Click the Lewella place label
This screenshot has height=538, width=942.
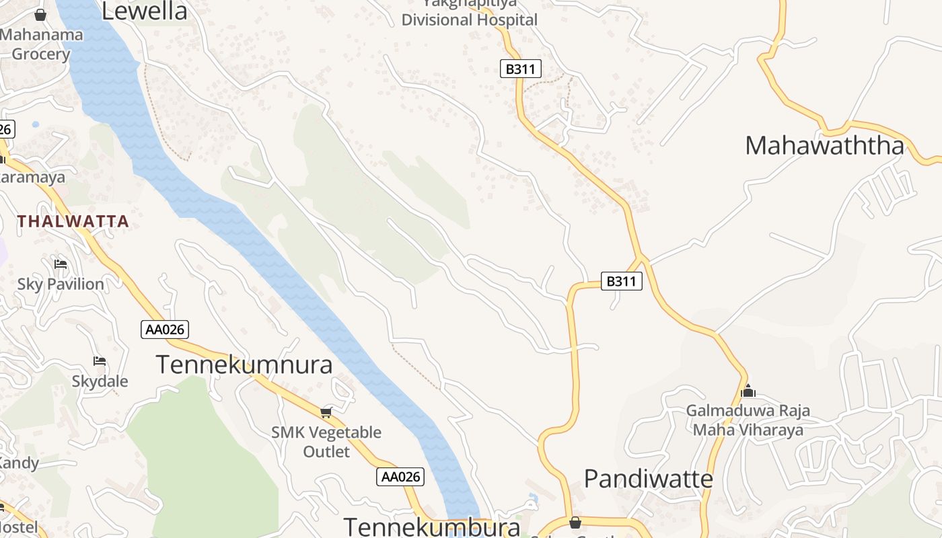coord(144,11)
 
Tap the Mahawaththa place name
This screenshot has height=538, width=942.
coord(824,145)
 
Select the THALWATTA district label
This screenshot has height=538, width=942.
coord(73,221)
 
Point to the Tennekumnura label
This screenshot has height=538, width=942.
coord(244,364)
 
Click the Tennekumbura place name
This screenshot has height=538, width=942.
coord(432,527)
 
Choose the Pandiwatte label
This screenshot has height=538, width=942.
coord(648,479)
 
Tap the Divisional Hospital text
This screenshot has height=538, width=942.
coord(469,20)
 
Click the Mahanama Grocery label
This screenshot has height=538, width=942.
coord(42,44)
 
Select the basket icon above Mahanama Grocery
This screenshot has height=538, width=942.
coord(40,15)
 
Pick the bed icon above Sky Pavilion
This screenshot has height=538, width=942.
coord(61,264)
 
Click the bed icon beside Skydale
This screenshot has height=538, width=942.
coord(100,361)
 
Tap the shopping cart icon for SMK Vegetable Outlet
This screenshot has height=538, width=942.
coord(326,412)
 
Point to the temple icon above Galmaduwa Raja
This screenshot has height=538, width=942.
coord(748,391)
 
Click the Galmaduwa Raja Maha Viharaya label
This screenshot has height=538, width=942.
coord(748,420)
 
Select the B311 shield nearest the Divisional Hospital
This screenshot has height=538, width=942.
coord(521,68)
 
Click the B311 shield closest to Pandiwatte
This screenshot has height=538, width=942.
coord(620,281)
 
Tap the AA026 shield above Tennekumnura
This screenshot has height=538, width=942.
coord(165,330)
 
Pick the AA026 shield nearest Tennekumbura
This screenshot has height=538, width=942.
coord(400,477)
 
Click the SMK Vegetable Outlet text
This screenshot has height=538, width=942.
coord(326,441)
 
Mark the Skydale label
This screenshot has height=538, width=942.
coord(100,381)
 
